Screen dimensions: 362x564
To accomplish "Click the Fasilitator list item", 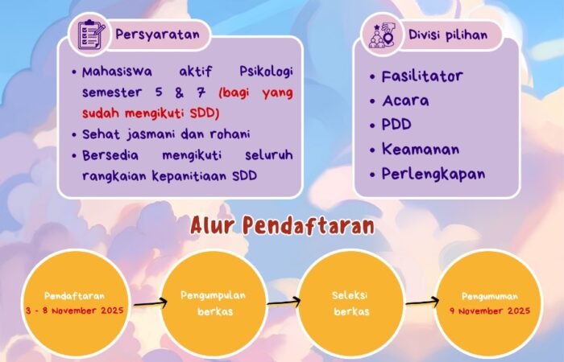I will tap(422, 76).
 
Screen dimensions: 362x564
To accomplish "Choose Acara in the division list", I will tap(405, 101).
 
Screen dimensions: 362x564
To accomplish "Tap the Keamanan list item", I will tap(421, 149).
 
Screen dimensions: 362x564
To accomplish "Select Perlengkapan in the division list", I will tap(433, 173).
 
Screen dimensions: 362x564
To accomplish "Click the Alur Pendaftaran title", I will tap(282, 225).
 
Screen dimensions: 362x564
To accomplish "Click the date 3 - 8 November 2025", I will tap(74, 309).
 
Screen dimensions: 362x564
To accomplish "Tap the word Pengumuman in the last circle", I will tap(490, 296).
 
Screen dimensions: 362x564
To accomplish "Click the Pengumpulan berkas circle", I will tap(214, 302).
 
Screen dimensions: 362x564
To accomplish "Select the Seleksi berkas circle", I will tap(350, 302).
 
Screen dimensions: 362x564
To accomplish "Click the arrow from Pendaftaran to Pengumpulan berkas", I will tap(151, 304).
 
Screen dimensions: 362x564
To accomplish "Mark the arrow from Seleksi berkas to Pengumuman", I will tap(421, 304).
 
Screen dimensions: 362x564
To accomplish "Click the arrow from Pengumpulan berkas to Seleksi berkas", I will tap(284, 302).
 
